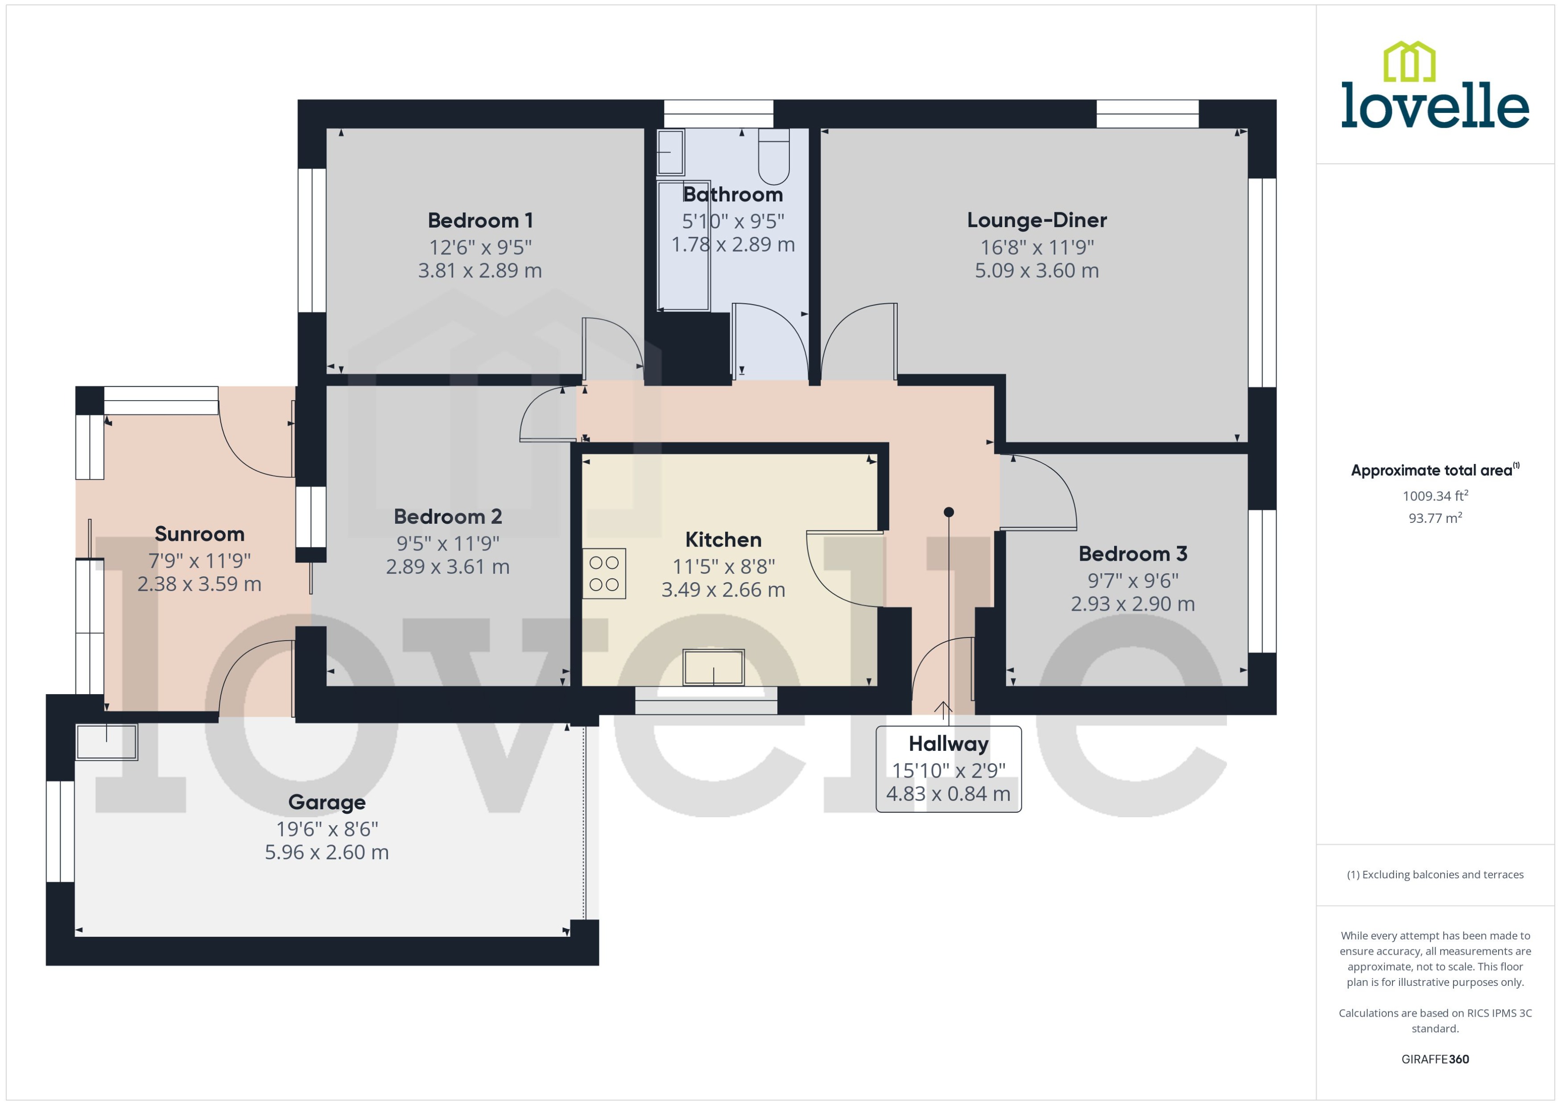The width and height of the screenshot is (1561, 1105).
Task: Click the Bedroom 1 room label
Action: click(480, 220)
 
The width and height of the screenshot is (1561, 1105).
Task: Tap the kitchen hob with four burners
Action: click(604, 574)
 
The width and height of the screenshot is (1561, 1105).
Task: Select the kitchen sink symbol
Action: click(714, 667)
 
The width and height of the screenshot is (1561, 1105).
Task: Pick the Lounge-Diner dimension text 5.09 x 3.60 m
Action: click(1037, 271)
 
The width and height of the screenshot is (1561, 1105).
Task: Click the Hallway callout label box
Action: click(948, 769)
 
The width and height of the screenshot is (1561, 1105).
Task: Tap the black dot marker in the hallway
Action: click(949, 512)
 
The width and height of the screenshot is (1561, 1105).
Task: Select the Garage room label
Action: click(327, 802)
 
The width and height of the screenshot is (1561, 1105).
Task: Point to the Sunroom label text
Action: click(199, 534)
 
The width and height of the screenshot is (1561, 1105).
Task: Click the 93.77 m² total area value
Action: click(1435, 518)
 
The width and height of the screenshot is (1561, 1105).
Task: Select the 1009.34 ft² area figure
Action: click(1435, 496)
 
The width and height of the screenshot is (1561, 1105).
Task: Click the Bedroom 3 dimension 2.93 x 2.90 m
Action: click(1132, 604)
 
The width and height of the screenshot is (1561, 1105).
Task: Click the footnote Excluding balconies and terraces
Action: click(1435, 874)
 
